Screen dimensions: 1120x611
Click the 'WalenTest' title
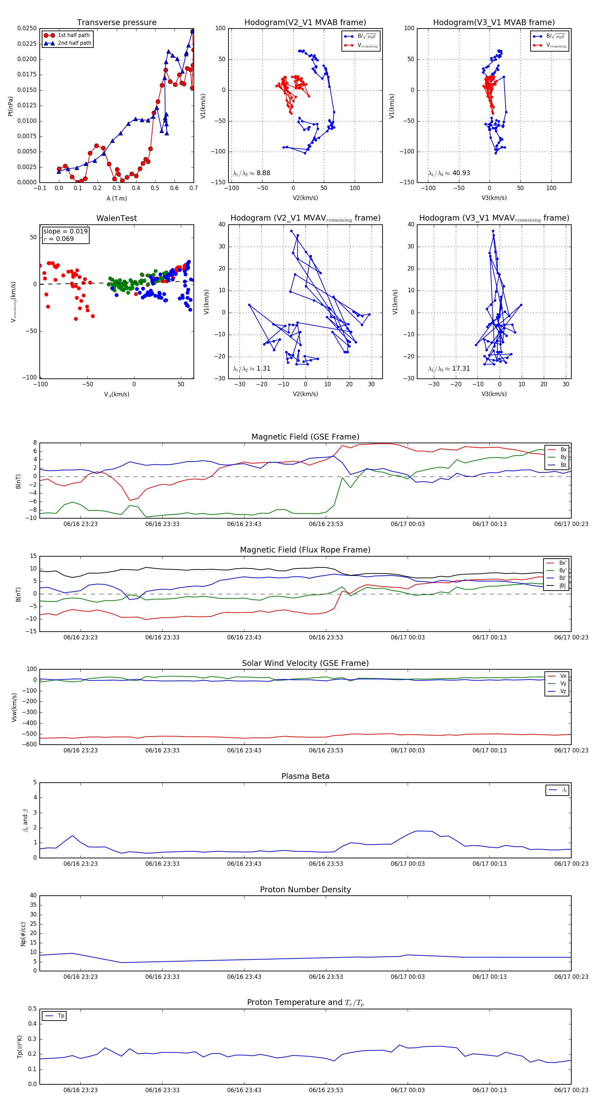click(116, 218)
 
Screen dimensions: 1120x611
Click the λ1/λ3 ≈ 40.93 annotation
click(449, 173)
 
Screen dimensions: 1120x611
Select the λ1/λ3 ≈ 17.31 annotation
click(449, 369)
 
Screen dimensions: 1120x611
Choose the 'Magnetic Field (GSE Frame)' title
click(305, 437)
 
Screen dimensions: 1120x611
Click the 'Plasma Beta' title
click(305, 777)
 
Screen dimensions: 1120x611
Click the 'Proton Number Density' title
click(305, 890)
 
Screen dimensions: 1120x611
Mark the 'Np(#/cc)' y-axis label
click(23, 934)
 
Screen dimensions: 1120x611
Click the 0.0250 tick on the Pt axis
click(27, 28)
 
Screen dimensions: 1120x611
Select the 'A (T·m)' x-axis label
click(116, 199)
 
